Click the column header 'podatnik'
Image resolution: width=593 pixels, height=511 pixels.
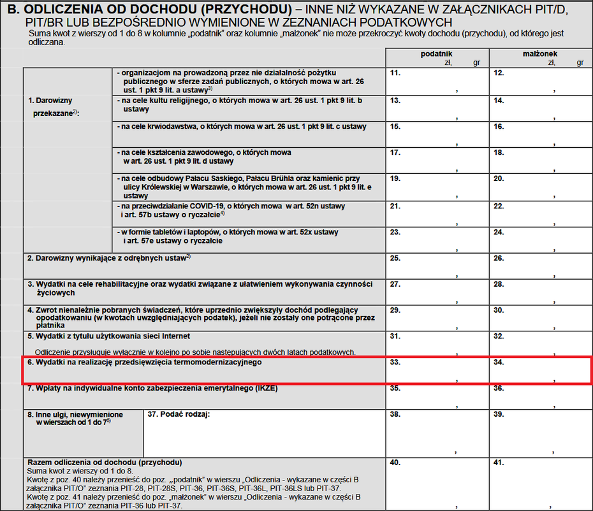click(436, 55)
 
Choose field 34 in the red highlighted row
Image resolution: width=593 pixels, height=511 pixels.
click(541, 370)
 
